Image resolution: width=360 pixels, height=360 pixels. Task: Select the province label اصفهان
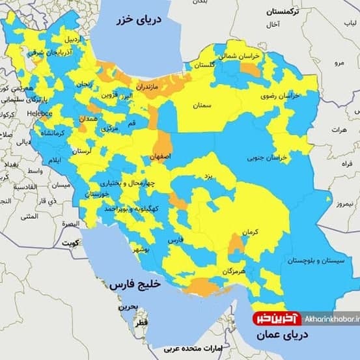pyautogui.click(x=160, y=157)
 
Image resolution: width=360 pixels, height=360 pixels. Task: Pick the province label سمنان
pyautogui.click(x=202, y=105)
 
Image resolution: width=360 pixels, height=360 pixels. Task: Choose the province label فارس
pyautogui.click(x=176, y=240)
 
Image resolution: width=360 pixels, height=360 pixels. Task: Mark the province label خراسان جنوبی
pyautogui.click(x=266, y=158)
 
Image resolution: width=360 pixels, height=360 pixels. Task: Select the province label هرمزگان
pyautogui.click(x=232, y=270)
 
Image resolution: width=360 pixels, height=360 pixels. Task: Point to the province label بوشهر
pyautogui.click(x=142, y=249)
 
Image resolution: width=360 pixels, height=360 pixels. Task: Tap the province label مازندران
pyautogui.click(x=150, y=85)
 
